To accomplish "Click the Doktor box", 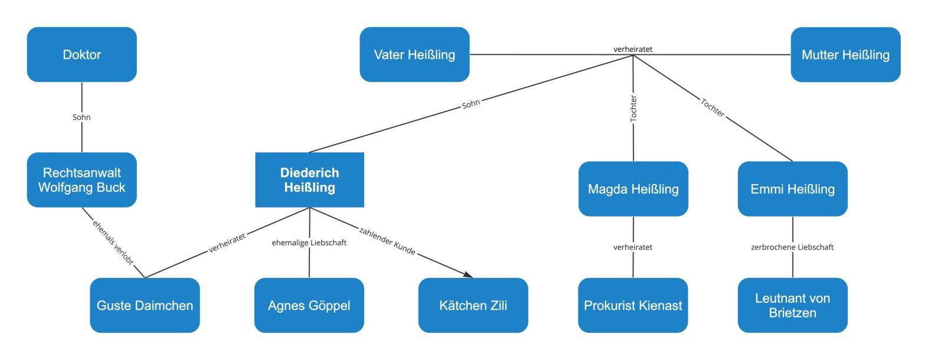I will (81, 54).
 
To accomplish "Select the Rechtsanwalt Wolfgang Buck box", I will (81, 180).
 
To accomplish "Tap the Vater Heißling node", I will (414, 54).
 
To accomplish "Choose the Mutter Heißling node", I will (845, 54).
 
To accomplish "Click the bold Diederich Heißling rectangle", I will (309, 180).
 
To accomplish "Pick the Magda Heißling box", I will (633, 189).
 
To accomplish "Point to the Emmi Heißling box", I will (792, 189).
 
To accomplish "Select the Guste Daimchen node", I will (145, 305).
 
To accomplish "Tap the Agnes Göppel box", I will (309, 305).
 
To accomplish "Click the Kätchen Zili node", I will (473, 305).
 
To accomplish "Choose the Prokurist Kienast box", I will (633, 305).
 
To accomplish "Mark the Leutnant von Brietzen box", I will (792, 305).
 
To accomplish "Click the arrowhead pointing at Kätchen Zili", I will (469, 274).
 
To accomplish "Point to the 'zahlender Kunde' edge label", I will (387, 241).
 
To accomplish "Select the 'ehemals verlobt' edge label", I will (113, 242).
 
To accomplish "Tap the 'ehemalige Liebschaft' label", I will (309, 243).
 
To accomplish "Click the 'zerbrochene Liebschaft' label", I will (792, 247).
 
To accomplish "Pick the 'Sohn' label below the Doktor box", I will (81, 117).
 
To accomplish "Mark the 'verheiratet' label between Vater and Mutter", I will (633, 49).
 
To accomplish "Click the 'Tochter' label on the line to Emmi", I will (713, 108).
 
